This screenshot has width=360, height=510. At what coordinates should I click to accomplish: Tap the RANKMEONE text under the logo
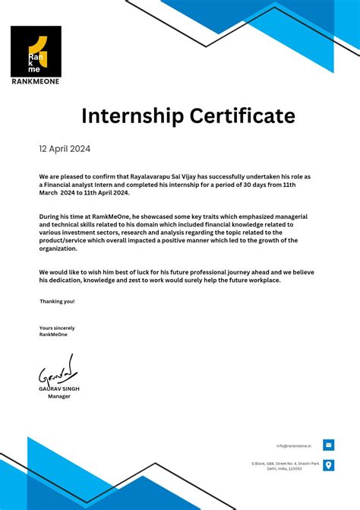36,81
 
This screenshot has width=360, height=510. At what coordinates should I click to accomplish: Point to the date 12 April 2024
65,149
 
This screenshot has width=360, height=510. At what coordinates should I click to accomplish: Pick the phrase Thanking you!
57,301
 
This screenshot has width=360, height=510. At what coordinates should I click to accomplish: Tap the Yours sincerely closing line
57,328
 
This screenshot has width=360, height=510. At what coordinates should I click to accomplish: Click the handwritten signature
56,371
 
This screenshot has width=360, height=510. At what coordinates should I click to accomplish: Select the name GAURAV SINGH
59,388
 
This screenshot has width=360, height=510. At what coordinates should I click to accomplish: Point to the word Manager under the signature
59,396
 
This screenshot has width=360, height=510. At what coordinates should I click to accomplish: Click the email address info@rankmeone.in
294,446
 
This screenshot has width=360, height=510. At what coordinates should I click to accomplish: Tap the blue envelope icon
328,445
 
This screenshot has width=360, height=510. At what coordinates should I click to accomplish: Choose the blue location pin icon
328,465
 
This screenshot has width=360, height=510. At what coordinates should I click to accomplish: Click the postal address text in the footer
285,465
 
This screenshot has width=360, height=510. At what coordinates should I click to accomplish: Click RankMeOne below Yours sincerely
53,334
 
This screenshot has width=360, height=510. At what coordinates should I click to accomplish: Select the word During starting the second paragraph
49,217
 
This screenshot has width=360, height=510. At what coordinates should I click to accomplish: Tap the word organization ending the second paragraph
58,248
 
